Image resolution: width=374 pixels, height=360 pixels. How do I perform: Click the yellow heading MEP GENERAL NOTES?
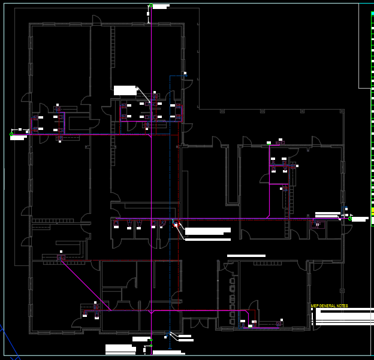tap(329, 306)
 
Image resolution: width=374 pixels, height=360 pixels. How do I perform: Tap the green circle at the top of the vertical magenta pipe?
tap(151, 6)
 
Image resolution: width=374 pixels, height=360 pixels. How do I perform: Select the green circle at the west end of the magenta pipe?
tap(11, 134)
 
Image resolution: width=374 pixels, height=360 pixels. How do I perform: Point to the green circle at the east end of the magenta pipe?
tap(350, 219)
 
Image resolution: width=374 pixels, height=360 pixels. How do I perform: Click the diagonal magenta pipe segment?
tap(85, 285)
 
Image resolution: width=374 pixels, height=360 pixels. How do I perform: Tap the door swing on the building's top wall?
tap(96, 20)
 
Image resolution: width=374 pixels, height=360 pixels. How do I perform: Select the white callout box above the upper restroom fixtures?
tap(125, 90)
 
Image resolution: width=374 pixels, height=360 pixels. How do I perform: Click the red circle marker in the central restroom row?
tap(176, 225)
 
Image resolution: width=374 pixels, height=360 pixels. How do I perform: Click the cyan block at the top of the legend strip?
tap(372, 13)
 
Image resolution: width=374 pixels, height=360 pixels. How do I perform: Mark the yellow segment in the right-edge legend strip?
tap(372, 211)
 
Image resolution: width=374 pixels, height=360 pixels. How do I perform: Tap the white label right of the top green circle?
tap(161, 6)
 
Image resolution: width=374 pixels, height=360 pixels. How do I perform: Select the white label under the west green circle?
tap(18, 138)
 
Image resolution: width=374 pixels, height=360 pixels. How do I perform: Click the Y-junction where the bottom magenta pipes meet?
tap(151, 311)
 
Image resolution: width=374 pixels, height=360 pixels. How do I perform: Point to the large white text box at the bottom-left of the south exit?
tap(119, 348)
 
